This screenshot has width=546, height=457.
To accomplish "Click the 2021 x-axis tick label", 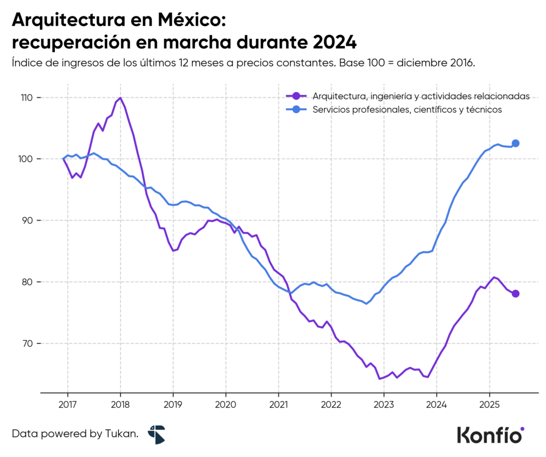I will (x=278, y=405).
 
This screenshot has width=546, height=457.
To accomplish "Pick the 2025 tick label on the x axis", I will (x=489, y=405).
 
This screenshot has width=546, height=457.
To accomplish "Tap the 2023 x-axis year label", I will (x=384, y=405).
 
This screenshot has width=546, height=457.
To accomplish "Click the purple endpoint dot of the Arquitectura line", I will (x=516, y=293).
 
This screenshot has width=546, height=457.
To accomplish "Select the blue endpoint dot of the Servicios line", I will (x=516, y=143).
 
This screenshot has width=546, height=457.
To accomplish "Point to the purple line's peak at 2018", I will (x=120, y=98).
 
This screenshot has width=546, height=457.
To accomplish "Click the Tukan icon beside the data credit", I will (x=156, y=434).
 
